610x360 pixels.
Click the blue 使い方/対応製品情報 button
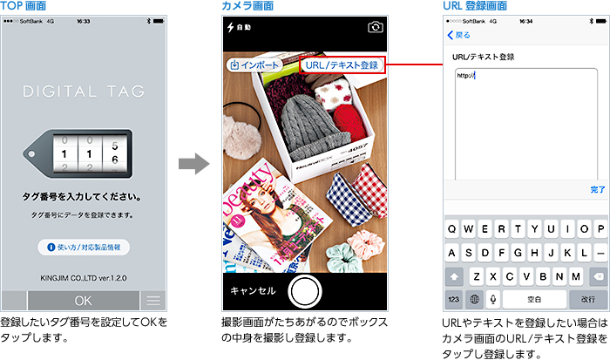click(x=84, y=248)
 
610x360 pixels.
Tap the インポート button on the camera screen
click(x=254, y=65)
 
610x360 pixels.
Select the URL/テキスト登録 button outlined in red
click(x=342, y=65)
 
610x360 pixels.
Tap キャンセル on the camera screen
click(x=254, y=290)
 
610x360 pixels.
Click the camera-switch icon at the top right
click(x=376, y=27)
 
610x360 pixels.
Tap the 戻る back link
click(x=459, y=35)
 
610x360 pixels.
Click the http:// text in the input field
click(x=465, y=75)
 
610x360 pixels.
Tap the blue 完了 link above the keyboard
click(x=597, y=189)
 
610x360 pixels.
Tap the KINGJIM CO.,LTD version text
click(x=84, y=278)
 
